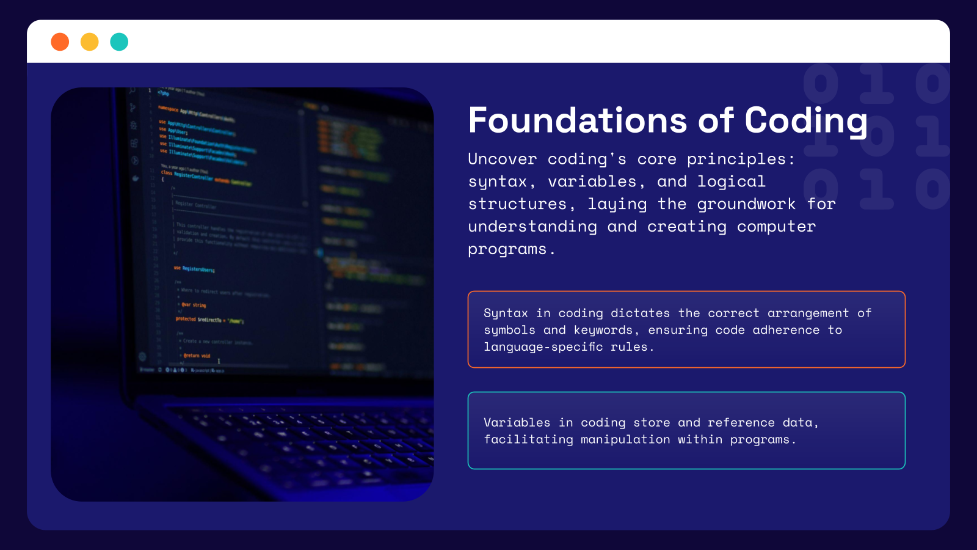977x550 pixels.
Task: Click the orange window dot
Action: click(x=60, y=42)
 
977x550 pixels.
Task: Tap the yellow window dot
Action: click(x=90, y=42)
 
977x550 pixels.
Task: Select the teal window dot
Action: click(x=119, y=42)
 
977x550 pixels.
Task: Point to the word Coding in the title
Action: click(x=806, y=120)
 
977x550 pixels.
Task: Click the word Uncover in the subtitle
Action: click(x=502, y=159)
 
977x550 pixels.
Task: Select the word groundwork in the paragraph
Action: click(x=746, y=204)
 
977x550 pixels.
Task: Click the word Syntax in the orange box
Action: click(x=506, y=313)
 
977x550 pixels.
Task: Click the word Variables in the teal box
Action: click(x=517, y=423)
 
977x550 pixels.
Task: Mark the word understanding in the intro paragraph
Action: click(x=532, y=227)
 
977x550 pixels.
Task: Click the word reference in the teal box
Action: click(x=741, y=423)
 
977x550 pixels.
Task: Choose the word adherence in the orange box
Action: click(x=786, y=331)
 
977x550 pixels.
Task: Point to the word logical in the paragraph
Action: click(x=731, y=182)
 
